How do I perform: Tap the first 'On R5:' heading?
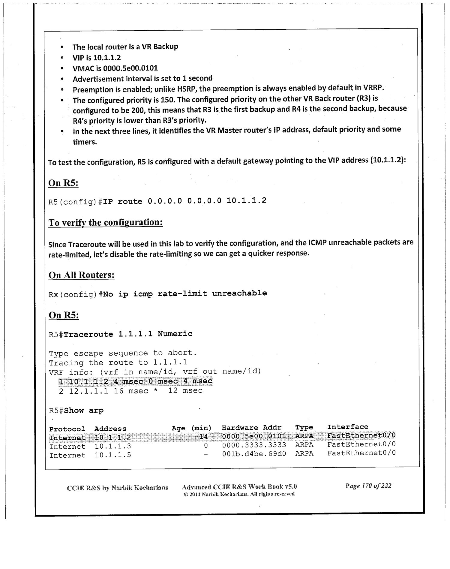point(63,183)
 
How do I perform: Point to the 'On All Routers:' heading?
point(82,275)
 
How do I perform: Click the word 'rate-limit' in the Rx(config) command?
point(182,293)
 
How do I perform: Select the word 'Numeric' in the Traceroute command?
point(175,334)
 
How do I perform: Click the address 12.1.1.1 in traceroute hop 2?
point(88,391)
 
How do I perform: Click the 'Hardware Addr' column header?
point(251,427)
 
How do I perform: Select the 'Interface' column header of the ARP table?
point(347,427)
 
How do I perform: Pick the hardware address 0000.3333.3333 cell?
point(254,445)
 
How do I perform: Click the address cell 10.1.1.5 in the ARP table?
point(113,455)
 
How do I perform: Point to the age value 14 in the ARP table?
point(203,436)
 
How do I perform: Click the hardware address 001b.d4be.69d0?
point(254,454)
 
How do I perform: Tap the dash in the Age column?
point(205,454)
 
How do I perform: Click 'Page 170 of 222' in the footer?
point(368,486)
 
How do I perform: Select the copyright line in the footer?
point(239,494)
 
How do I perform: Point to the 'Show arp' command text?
point(84,410)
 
